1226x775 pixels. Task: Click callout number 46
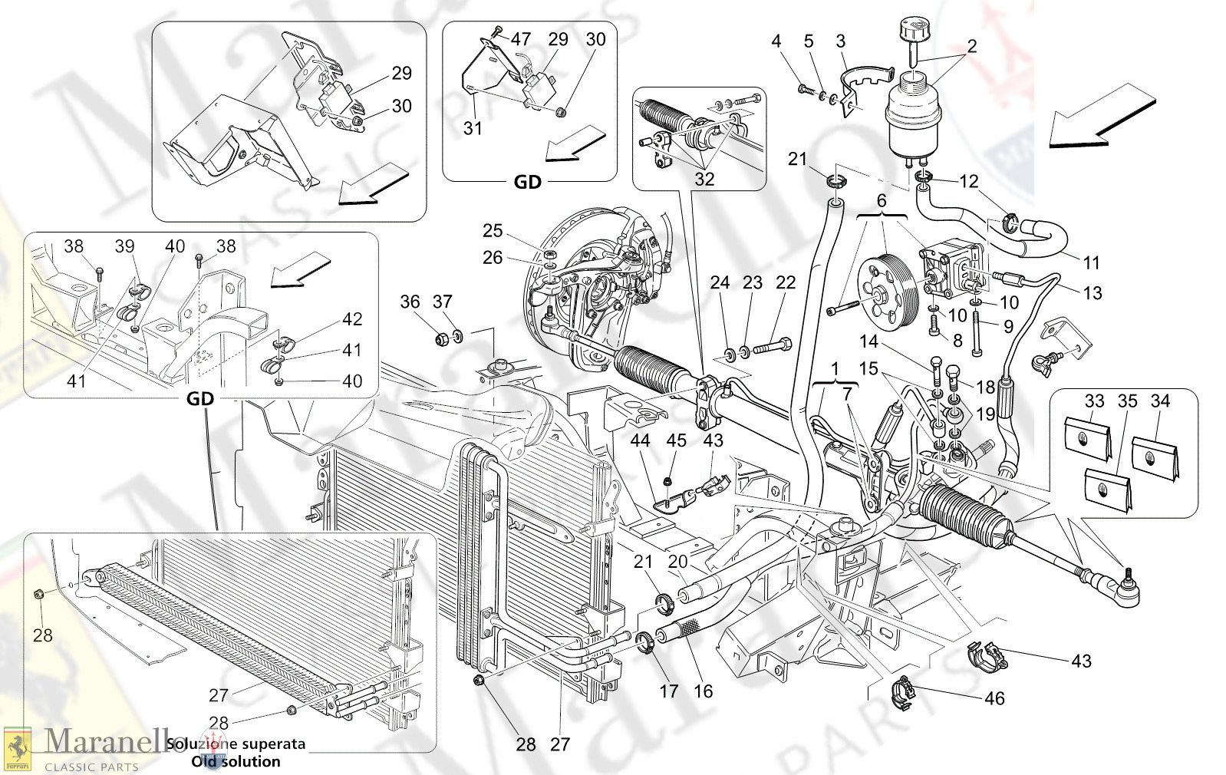[994, 698]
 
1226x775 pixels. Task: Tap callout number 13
[1093, 292]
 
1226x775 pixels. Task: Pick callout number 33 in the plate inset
[1094, 401]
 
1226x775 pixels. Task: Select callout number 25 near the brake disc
[493, 230]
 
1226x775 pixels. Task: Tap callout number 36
[410, 302]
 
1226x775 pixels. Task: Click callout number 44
[640, 440]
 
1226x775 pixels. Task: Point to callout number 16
[704, 691]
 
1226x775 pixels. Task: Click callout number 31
[473, 128]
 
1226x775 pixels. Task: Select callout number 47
[521, 38]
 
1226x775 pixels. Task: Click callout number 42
[352, 319]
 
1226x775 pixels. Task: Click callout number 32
[704, 179]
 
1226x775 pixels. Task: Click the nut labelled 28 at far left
[39, 593]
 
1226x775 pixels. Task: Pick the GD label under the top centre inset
[528, 182]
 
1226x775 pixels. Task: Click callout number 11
[1092, 262]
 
